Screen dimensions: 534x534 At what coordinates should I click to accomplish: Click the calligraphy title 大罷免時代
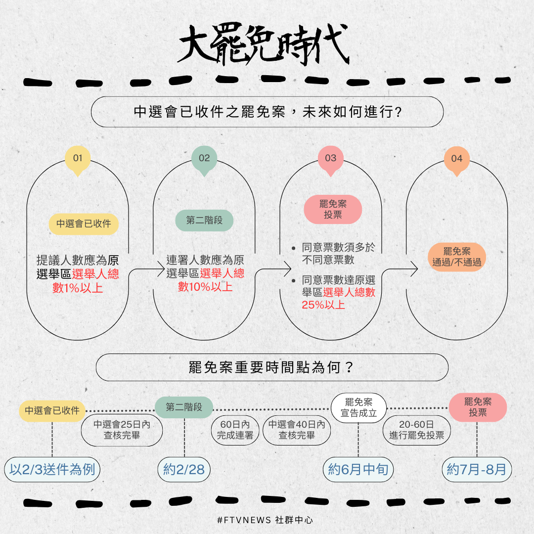(x=263, y=44)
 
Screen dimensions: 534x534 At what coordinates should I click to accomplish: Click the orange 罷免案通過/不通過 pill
(x=457, y=257)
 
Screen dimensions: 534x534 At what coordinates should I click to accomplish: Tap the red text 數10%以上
(x=205, y=287)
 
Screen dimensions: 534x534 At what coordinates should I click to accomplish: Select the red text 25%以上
(x=323, y=305)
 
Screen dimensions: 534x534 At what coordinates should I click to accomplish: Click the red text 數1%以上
(x=78, y=288)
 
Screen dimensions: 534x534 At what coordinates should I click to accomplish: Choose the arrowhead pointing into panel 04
(x=414, y=269)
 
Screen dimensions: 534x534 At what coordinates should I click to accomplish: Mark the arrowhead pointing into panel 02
(x=161, y=269)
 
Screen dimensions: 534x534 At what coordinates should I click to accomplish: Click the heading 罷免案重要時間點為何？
(x=271, y=367)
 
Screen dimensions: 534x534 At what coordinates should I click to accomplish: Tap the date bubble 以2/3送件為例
(x=52, y=470)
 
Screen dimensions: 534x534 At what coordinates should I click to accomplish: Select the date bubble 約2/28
(x=184, y=470)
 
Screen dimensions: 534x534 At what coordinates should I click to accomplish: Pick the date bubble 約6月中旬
(x=358, y=470)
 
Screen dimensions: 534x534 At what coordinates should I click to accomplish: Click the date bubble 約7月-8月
(x=477, y=470)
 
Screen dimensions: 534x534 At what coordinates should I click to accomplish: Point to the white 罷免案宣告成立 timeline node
(x=358, y=408)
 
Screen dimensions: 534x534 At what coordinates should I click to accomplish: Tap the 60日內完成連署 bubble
(x=235, y=430)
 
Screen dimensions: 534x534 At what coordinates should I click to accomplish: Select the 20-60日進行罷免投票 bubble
(x=416, y=430)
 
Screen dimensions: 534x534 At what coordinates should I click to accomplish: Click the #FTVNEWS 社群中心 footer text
(x=265, y=520)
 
